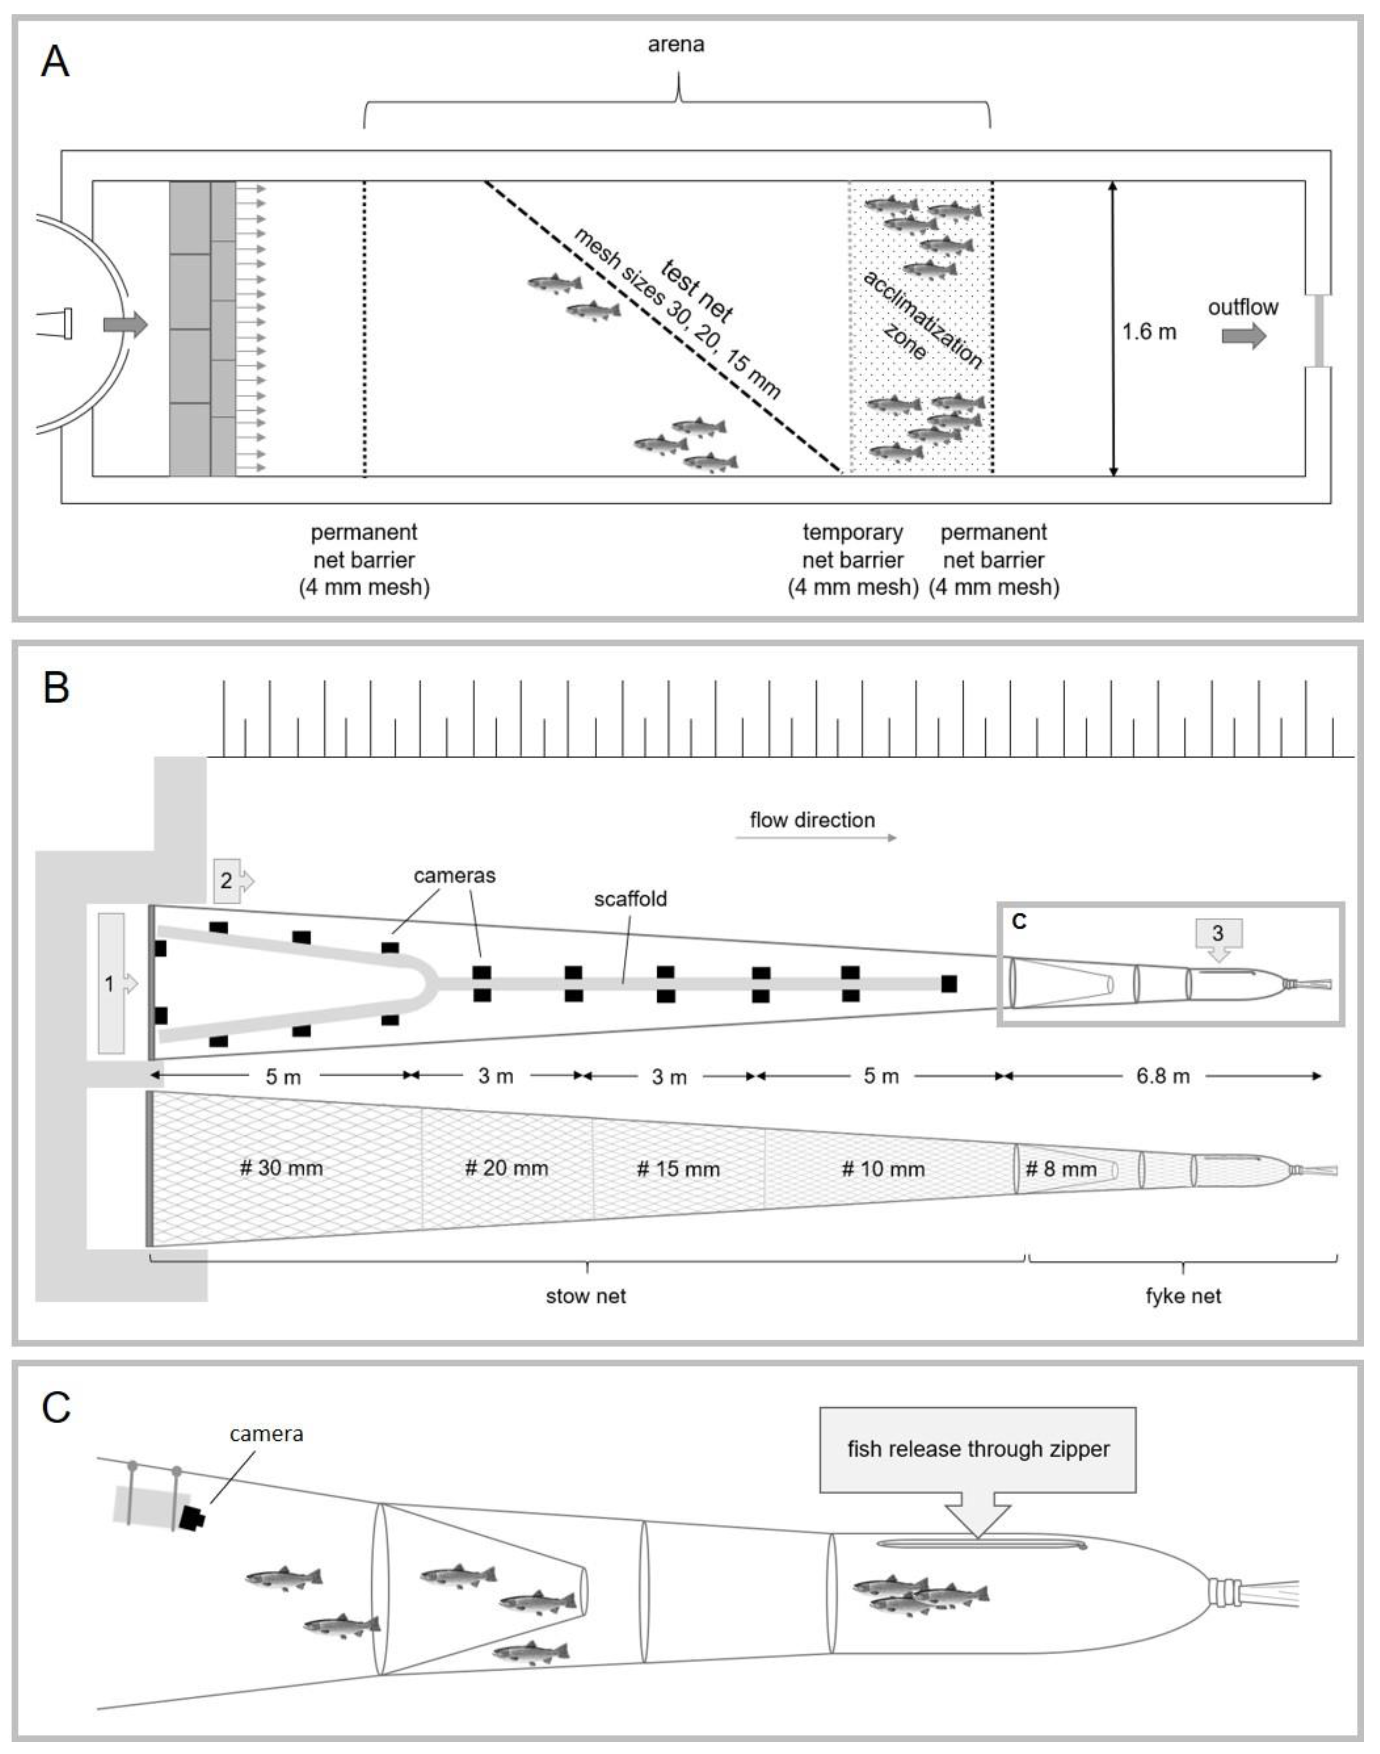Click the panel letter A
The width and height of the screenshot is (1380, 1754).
(x=55, y=61)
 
